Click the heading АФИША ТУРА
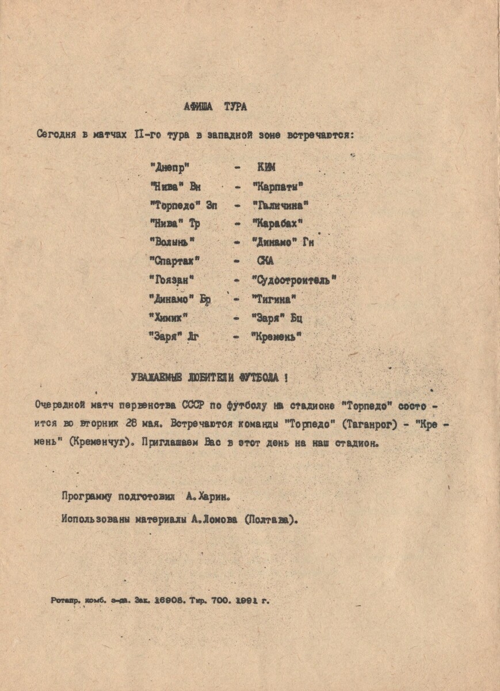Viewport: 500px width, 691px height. pos(215,107)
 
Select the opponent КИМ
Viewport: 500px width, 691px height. pos(266,168)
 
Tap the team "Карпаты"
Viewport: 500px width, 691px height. pos(278,186)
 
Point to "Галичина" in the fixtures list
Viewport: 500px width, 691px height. pos(281,205)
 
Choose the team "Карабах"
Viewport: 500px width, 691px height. pos(277,223)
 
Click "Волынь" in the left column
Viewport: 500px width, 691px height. pos(173,242)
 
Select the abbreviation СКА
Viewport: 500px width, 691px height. pos(266,261)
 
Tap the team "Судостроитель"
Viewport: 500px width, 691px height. pos(294,280)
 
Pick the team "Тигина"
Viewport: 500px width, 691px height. pos(274,298)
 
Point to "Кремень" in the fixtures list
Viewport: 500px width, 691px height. pos(276,336)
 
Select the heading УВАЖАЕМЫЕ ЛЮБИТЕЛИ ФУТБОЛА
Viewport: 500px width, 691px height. pos(209,378)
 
